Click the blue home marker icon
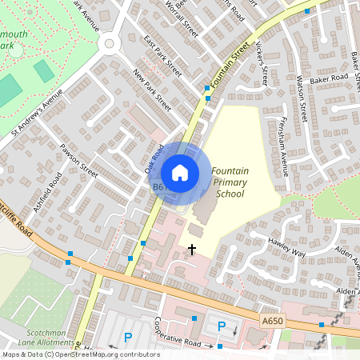tap(180, 173)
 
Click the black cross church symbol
tap(191, 250)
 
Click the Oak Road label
tap(154, 157)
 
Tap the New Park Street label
tap(152, 90)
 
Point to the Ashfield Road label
tap(49, 192)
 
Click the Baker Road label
tap(330, 78)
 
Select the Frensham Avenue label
tap(285, 147)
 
